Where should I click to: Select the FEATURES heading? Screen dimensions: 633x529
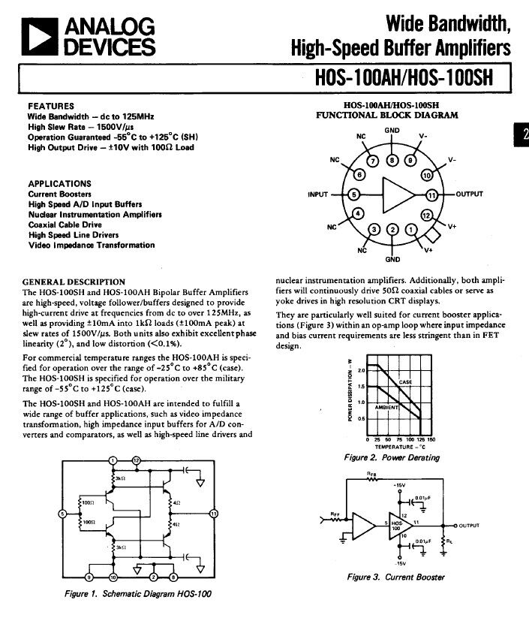pyautogui.click(x=51, y=107)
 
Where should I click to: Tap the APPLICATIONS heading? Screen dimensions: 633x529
pyautogui.click(x=59, y=183)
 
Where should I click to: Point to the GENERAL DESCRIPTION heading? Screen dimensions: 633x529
pyautogui.click(x=74, y=282)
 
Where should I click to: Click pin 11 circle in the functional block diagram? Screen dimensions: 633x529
pyautogui.click(x=431, y=195)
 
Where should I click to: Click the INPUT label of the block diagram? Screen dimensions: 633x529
pyautogui.click(x=319, y=195)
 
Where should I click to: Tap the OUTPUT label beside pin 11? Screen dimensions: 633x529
pyautogui.click(x=469, y=194)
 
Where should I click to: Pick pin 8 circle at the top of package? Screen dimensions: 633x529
pyautogui.click(x=392, y=160)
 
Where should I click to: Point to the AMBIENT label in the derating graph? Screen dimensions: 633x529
pyautogui.click(x=389, y=406)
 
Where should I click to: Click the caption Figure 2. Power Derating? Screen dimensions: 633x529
pyautogui.click(x=392, y=457)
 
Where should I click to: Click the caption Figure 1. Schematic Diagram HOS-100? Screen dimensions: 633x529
pyautogui.click(x=136, y=594)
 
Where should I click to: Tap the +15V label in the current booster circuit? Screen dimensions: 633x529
pyautogui.click(x=398, y=486)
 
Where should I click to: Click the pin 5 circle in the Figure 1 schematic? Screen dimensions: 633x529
pyautogui.click(x=62, y=514)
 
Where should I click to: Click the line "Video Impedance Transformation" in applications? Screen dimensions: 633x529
pyautogui.click(x=92, y=245)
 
